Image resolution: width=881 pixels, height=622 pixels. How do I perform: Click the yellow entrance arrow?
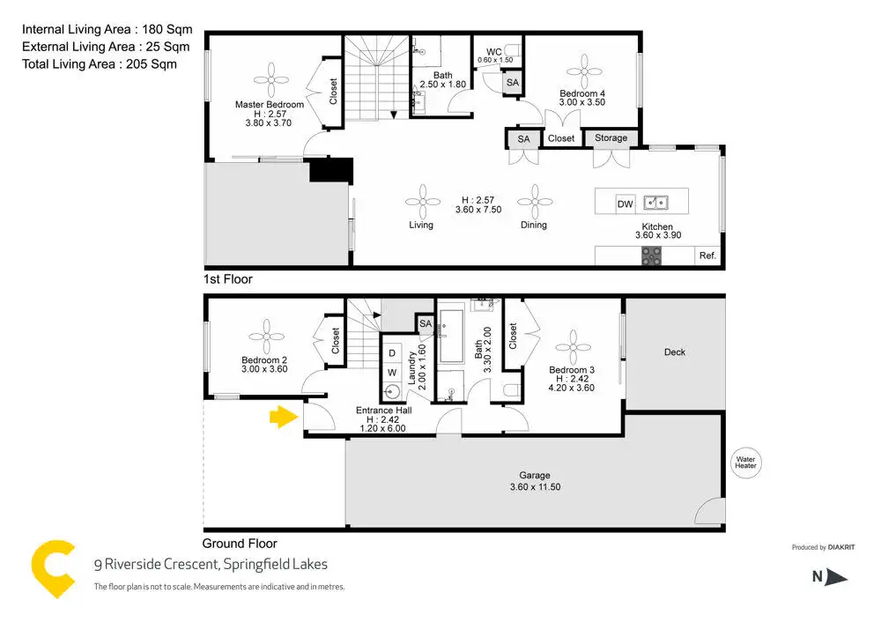[x=284, y=417]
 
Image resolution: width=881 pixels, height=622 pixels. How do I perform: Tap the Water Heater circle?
[x=745, y=463]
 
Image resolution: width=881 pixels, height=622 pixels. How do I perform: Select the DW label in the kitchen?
[x=625, y=204]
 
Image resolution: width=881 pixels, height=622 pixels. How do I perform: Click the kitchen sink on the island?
[x=655, y=202]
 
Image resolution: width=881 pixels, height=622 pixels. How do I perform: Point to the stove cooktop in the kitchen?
[x=651, y=255]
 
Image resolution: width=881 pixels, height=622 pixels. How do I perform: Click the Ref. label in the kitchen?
[x=707, y=255]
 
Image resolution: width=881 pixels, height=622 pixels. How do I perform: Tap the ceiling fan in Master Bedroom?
[x=270, y=80]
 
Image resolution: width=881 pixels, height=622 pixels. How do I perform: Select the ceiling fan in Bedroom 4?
[x=584, y=71]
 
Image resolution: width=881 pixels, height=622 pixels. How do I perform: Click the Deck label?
[x=674, y=352]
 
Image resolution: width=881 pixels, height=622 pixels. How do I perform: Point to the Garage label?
[x=535, y=476]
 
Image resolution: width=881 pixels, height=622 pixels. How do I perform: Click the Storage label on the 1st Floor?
[x=611, y=137]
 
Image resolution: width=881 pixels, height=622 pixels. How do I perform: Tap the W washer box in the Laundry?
[x=392, y=372]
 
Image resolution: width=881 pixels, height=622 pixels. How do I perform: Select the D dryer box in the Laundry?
[x=392, y=353]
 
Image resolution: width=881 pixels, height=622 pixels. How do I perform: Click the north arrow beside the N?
[x=837, y=577]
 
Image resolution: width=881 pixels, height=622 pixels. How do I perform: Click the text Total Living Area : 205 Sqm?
[x=100, y=64]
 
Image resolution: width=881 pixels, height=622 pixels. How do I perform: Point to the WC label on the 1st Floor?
[x=494, y=52]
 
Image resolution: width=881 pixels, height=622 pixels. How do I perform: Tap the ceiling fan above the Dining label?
[x=535, y=202]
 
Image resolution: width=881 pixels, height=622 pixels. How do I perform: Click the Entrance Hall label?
[x=384, y=411]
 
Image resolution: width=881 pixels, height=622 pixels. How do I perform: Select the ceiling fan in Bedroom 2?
[x=266, y=337]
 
